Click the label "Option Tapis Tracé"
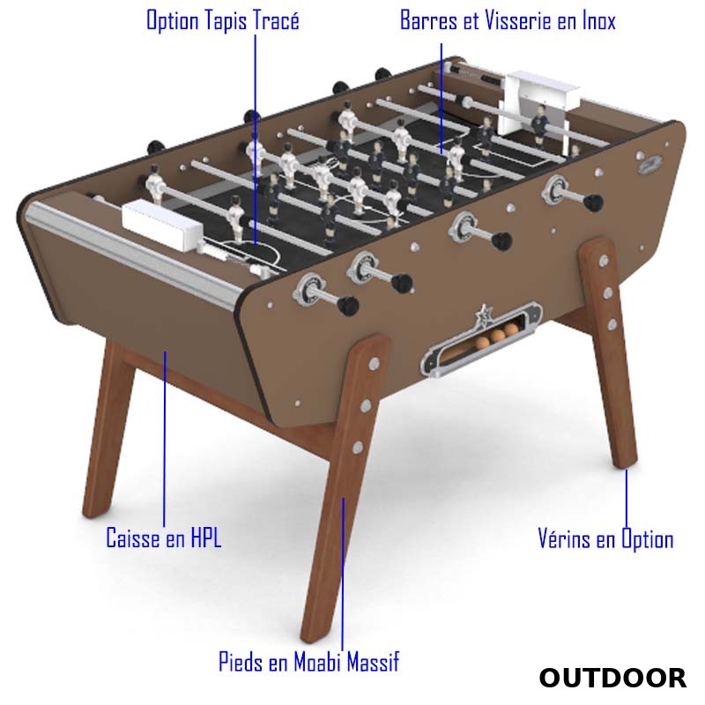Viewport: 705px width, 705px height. [223, 21]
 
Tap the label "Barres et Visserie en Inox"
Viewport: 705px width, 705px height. [508, 20]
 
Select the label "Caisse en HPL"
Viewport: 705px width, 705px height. [164, 538]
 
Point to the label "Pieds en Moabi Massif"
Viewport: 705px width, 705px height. [309, 662]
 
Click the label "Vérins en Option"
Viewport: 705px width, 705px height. [605, 538]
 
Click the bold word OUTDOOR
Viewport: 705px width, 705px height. [612, 678]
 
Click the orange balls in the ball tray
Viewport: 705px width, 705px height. [497, 337]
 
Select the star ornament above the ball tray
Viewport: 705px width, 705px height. [483, 314]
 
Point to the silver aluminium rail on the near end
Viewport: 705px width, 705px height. [135, 252]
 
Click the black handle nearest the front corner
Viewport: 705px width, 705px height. [347, 305]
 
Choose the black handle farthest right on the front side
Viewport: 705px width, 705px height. [592, 202]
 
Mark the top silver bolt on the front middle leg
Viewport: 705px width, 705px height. [374, 364]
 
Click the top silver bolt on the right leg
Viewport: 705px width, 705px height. [604, 260]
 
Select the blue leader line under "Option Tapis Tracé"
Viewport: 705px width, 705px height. [256, 139]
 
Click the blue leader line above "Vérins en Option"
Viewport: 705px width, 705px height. [627, 498]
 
